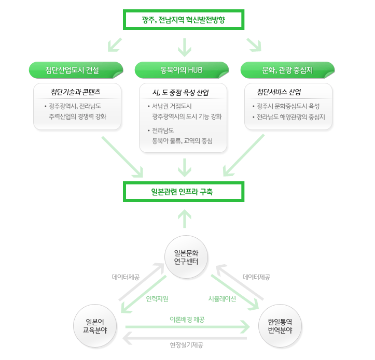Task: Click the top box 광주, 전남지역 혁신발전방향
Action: click(x=184, y=20)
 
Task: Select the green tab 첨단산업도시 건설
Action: click(x=76, y=69)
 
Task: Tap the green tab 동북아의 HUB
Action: click(x=182, y=69)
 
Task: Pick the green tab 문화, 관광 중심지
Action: click(x=287, y=69)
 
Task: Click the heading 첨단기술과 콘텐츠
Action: click(x=76, y=92)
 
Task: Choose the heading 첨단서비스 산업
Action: click(x=279, y=92)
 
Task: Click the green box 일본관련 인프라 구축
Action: click(x=184, y=192)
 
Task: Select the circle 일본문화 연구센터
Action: click(x=186, y=256)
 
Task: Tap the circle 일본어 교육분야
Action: click(x=95, y=325)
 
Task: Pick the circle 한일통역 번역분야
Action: click(x=280, y=325)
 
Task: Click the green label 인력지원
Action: click(x=157, y=299)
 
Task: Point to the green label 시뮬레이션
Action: click(x=222, y=299)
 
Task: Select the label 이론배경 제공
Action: click(x=187, y=320)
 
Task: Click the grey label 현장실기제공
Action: click(x=186, y=344)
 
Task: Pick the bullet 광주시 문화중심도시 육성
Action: click(x=288, y=106)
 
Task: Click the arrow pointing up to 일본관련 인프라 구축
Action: click(x=184, y=218)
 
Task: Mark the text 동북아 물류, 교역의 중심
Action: click(x=182, y=140)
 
